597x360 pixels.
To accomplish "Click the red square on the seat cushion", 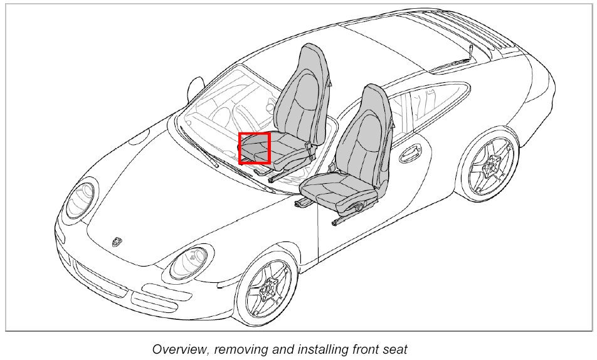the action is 254,148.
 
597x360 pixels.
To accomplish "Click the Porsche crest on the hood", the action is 118,241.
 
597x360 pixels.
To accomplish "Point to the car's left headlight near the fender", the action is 81,199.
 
